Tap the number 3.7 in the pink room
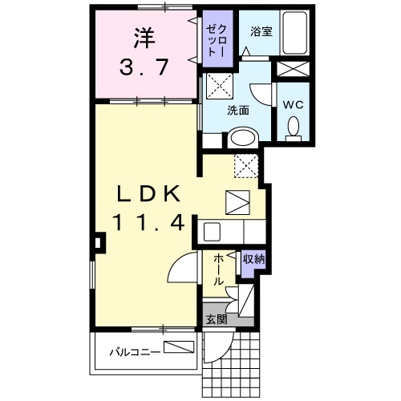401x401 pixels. click(145, 67)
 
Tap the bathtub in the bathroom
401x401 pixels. click(296, 34)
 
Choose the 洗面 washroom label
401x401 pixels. click(237, 111)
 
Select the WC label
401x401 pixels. click(292, 103)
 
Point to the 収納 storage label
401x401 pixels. click(253, 258)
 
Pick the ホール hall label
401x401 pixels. click(218, 270)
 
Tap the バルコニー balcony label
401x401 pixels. click(128, 349)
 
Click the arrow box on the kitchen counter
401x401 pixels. click(239, 200)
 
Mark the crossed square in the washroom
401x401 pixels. click(218, 83)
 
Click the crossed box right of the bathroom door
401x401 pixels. click(290, 67)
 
